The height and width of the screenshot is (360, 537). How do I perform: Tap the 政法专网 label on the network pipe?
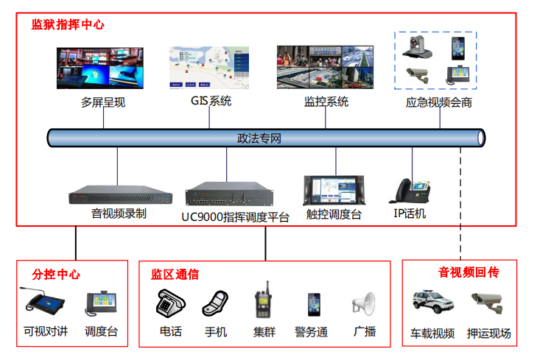(259, 138)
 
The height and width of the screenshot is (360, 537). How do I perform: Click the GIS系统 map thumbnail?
(210, 68)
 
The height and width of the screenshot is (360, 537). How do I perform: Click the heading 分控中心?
(56, 275)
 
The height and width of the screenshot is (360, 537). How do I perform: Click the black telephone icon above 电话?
(170, 303)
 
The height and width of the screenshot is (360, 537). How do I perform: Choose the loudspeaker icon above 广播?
(364, 304)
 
